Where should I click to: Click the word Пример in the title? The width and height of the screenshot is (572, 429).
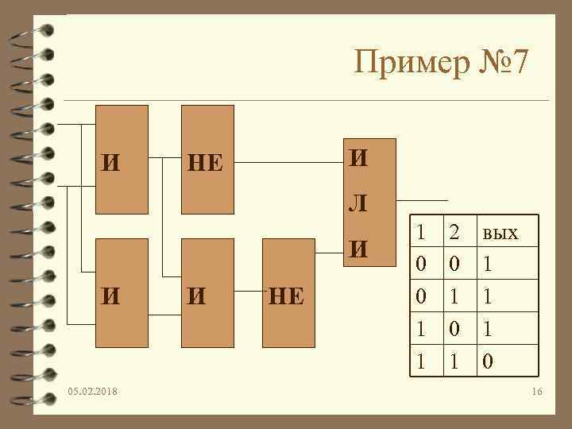click(x=409, y=62)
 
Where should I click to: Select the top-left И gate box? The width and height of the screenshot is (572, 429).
click(x=121, y=160)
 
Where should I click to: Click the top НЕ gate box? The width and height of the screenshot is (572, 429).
click(x=207, y=160)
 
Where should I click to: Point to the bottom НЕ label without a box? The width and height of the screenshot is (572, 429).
click(x=286, y=296)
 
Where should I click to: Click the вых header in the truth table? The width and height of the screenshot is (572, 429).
click(x=499, y=233)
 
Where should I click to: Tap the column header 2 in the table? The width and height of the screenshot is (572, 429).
click(x=454, y=233)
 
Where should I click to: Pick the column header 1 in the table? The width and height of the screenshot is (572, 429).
click(x=421, y=233)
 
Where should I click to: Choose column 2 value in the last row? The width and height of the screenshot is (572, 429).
click(x=454, y=362)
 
